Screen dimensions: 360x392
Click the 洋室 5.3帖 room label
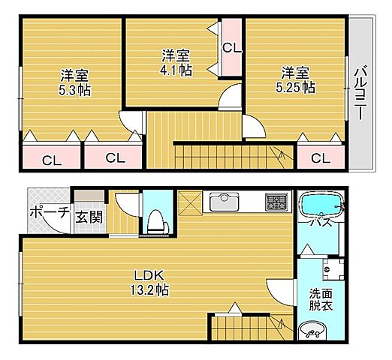coord(74,81)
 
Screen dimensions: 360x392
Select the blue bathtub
coord(320,205)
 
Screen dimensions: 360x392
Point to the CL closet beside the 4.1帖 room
coord(231,48)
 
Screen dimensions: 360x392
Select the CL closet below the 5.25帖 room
coord(321,157)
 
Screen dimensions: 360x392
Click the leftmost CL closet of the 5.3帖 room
coord(51,159)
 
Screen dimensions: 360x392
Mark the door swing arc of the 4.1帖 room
coord(229,97)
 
